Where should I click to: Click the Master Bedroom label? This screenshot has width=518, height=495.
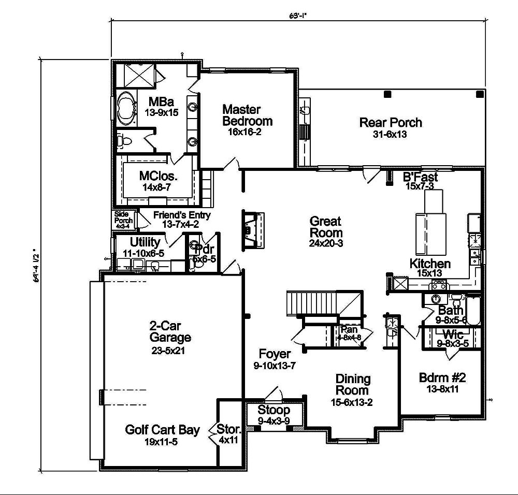[247, 115]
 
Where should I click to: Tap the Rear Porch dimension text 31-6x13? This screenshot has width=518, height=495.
[390, 134]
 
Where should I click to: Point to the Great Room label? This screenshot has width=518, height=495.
[326, 226]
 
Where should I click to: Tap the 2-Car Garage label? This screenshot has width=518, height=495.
[170, 332]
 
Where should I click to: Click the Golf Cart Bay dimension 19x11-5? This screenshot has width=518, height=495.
[162, 442]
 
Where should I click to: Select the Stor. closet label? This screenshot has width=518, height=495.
[229, 429]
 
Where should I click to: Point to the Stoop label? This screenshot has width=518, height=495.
[274, 411]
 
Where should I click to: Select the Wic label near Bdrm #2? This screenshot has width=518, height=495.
[453, 334]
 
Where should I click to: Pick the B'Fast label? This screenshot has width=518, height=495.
[421, 177]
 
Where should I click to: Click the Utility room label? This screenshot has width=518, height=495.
[145, 242]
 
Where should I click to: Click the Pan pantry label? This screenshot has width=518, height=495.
[347, 329]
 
